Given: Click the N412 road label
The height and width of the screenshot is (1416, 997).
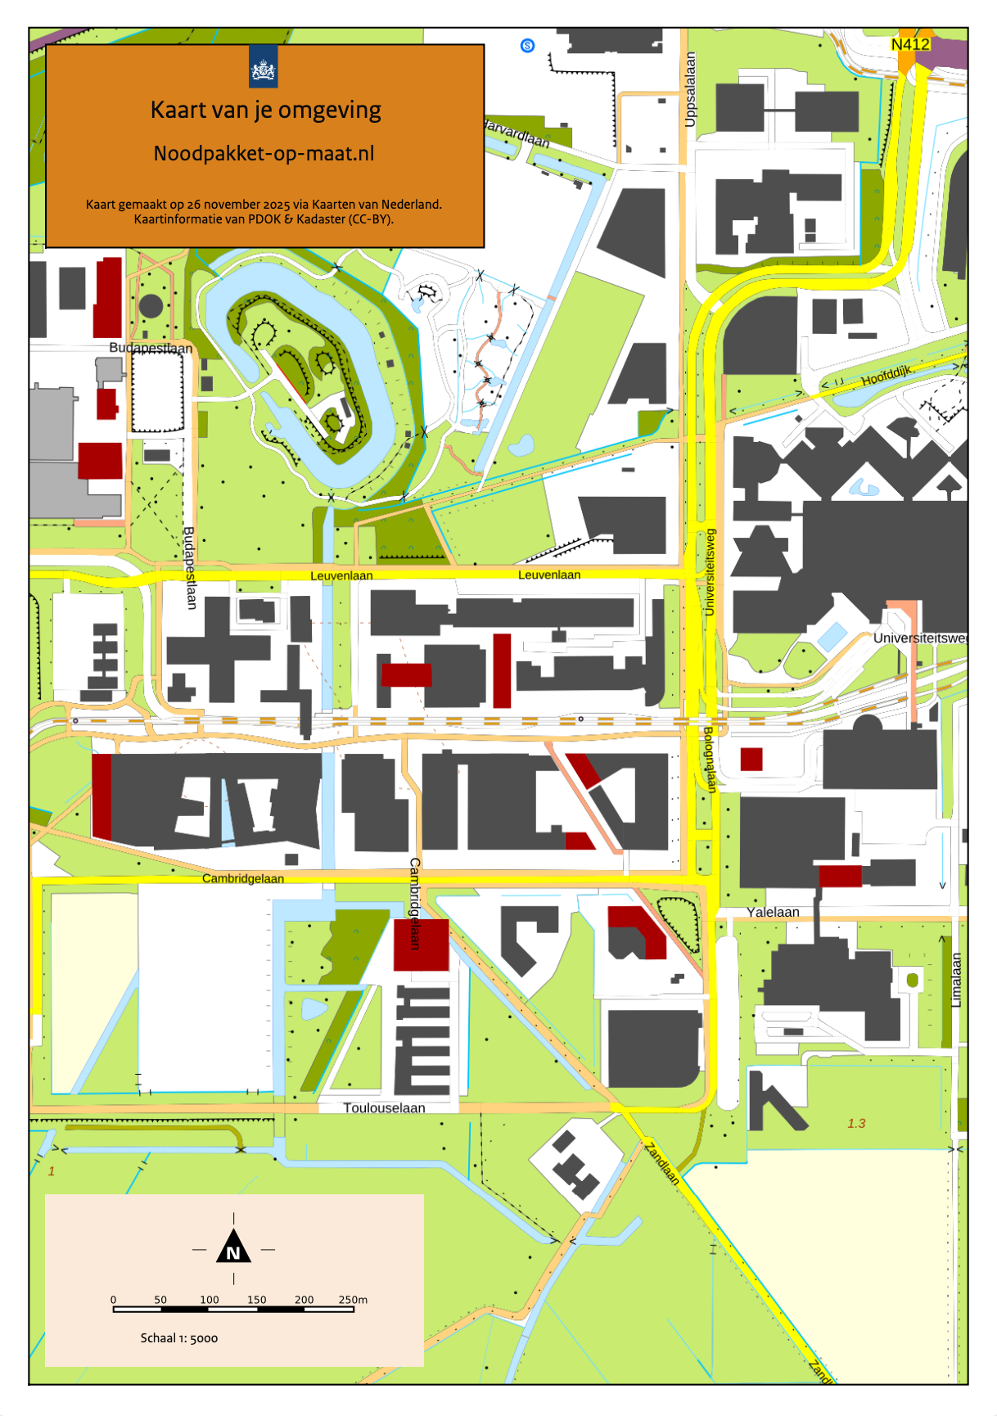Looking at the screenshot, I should click(x=910, y=44).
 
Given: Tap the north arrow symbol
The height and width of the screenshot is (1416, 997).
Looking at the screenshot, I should click(x=233, y=1247).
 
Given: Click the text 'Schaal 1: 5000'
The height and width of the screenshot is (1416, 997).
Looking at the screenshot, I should click(x=179, y=1338).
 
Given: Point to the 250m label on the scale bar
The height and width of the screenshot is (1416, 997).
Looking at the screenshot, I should click(x=353, y=1300).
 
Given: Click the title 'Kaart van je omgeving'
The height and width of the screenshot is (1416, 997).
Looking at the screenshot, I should click(x=265, y=110).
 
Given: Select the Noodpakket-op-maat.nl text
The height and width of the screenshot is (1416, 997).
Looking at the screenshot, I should click(x=264, y=153).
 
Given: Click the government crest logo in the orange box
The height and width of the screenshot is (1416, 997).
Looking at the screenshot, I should click(x=263, y=67).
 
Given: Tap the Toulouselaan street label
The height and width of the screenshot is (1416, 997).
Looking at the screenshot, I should click(x=384, y=1108).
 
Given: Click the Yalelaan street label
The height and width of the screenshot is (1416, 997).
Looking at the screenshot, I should click(x=773, y=912).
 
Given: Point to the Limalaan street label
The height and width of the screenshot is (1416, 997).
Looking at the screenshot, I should click(x=956, y=980).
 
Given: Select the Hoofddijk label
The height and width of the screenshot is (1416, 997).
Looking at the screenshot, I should click(x=886, y=377).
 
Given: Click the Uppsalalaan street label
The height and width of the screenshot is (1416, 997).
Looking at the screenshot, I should click(x=690, y=90).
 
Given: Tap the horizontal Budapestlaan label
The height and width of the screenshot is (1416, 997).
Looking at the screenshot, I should click(x=151, y=348).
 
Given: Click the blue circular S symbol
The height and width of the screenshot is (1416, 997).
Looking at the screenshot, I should click(x=528, y=46).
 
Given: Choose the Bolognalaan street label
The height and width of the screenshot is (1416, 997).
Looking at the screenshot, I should click(x=710, y=760).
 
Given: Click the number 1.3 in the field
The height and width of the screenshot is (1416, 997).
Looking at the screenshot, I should click(x=856, y=1123).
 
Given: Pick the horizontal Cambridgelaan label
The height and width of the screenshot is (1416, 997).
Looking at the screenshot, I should click(x=243, y=878).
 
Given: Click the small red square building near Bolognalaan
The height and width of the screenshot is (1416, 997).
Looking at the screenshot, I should click(x=751, y=760).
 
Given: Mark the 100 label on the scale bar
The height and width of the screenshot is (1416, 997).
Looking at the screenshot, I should click(x=210, y=1300).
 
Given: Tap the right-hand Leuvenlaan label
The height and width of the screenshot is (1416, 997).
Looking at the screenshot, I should click(x=549, y=575).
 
